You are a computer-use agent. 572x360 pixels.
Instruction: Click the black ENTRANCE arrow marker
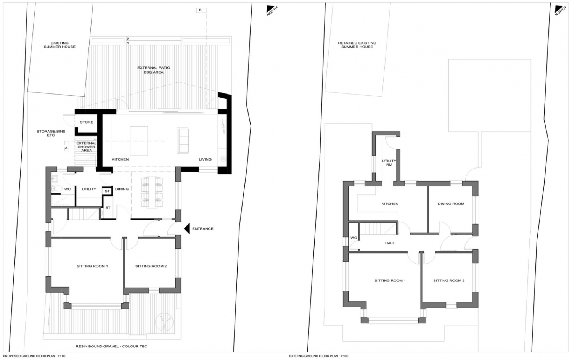(187, 229)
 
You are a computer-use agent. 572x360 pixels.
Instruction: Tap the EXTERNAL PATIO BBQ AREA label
(154, 70)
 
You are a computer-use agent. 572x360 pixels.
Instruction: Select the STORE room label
(87, 122)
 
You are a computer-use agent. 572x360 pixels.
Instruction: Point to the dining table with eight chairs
(152, 192)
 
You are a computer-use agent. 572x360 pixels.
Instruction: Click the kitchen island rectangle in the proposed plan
(138, 141)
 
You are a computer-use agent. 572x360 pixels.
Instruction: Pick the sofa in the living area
(183, 140)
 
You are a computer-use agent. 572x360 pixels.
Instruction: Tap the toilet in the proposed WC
(59, 188)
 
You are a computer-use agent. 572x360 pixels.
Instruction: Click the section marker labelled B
(200, 10)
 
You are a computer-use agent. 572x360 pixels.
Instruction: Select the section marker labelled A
(66, 148)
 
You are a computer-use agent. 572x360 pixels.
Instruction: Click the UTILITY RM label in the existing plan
(389, 163)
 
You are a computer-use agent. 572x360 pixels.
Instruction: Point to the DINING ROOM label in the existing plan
(451, 204)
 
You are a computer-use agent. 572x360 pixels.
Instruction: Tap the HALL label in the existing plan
(390, 243)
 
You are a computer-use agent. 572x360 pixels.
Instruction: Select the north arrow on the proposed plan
(272, 10)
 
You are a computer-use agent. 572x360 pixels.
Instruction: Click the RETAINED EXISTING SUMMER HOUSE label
(357, 45)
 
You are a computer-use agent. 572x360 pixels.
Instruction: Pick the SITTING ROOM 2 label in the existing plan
(448, 281)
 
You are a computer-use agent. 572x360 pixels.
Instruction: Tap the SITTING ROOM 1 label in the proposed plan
(92, 266)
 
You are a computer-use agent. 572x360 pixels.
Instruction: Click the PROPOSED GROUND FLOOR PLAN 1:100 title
(34, 356)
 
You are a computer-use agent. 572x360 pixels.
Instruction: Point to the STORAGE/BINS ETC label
(51, 133)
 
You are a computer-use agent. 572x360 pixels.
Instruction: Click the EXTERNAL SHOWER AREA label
(87, 147)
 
